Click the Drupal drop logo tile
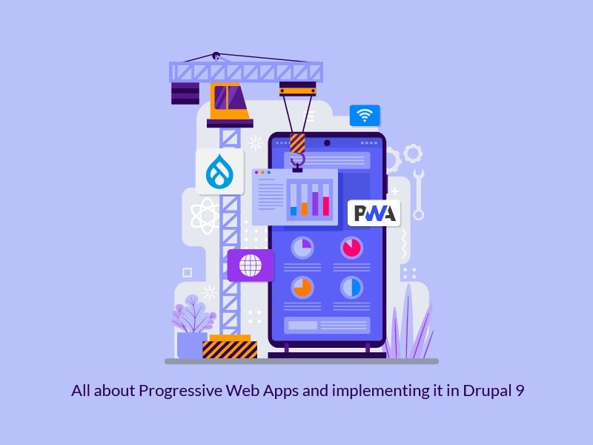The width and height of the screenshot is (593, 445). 220,171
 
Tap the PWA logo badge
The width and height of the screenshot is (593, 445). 374,213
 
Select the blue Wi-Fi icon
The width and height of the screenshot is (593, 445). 364,115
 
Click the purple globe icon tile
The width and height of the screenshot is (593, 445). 251,265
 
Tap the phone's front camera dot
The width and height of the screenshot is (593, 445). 327,141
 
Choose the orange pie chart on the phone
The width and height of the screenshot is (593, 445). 302,286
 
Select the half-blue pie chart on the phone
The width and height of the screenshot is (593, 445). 351,287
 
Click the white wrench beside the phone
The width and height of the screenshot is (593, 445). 418,194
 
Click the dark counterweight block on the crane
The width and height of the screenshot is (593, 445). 185,93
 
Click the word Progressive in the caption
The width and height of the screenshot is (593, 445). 174,391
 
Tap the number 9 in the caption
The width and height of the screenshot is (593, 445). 520,391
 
